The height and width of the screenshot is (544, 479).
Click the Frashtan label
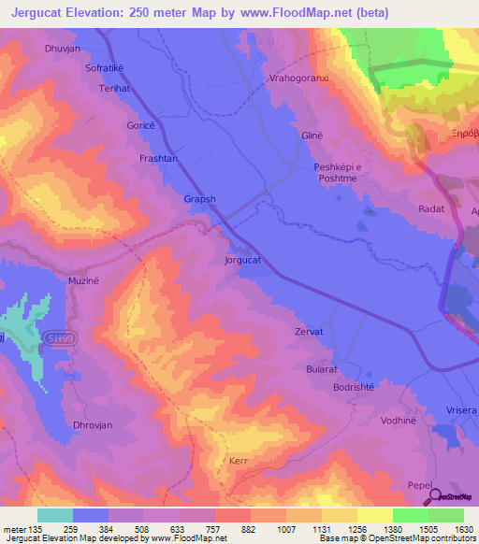coord(158,159)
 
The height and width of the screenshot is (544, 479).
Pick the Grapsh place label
coord(199,199)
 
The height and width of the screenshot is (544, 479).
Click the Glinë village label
coord(312,136)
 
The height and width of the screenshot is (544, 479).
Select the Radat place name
coord(431,209)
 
